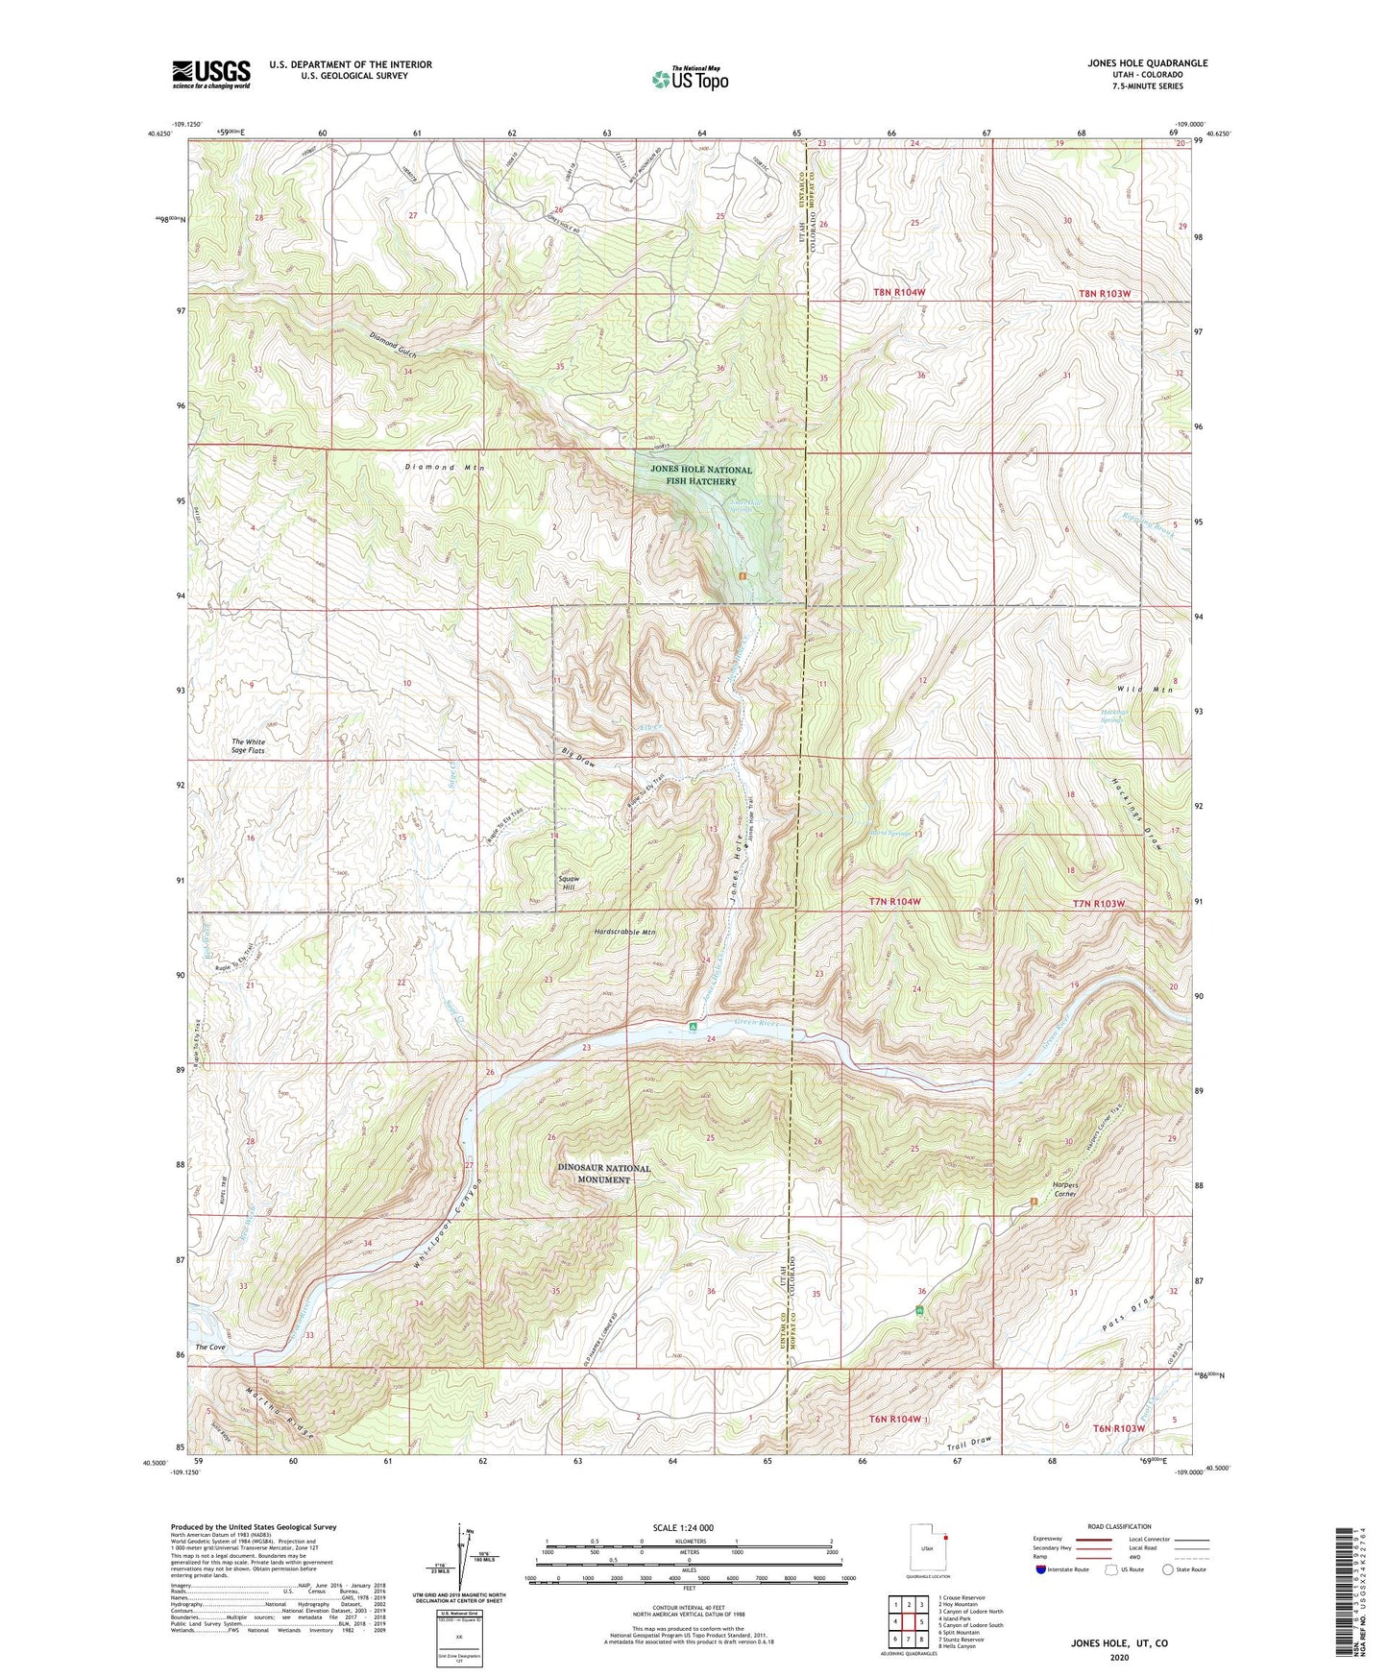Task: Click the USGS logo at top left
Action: pyautogui.click(x=210, y=73)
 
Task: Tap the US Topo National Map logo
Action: pyautogui.click(x=689, y=79)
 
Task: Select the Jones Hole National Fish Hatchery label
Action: pyautogui.click(x=701, y=475)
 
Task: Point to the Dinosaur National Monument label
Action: pyautogui.click(x=604, y=1174)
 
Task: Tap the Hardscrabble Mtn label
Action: pyautogui.click(x=624, y=932)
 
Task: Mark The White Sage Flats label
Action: pyautogui.click(x=248, y=746)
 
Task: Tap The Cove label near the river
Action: pyautogui.click(x=209, y=1348)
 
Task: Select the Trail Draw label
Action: pyautogui.click(x=967, y=1444)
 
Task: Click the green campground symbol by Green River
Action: pyautogui.click(x=693, y=1027)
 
